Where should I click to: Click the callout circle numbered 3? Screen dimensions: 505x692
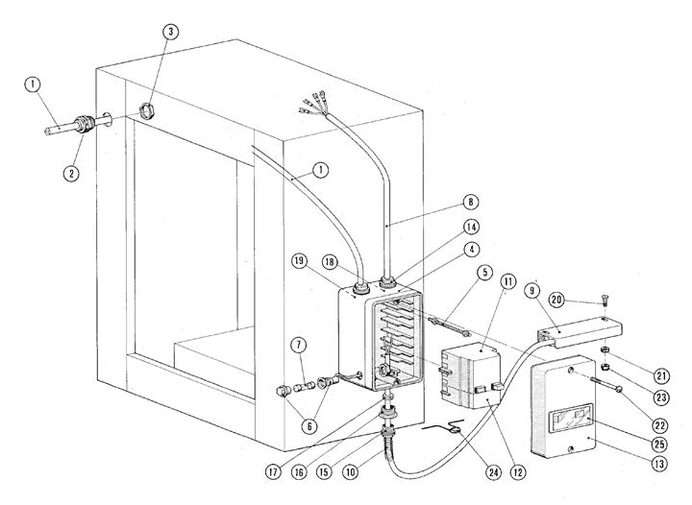169,32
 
